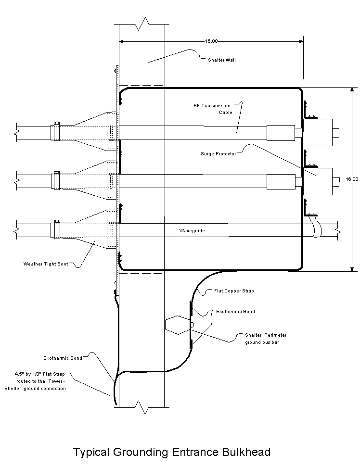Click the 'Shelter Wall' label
222,60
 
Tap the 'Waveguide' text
192,230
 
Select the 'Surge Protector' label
219,154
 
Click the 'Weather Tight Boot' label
46,264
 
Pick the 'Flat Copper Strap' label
234,290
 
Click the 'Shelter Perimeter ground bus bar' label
266,339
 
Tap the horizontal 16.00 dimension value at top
211,41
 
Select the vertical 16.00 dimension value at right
352,179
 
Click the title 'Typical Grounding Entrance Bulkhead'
172,452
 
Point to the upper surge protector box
318,133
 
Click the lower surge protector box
318,182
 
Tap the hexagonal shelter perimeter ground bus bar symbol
178,325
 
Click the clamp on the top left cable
56,131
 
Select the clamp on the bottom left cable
56,229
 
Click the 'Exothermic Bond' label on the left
63,358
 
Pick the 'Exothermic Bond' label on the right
235,312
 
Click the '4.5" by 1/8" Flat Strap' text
39,374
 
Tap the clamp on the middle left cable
56,180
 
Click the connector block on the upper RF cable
281,133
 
